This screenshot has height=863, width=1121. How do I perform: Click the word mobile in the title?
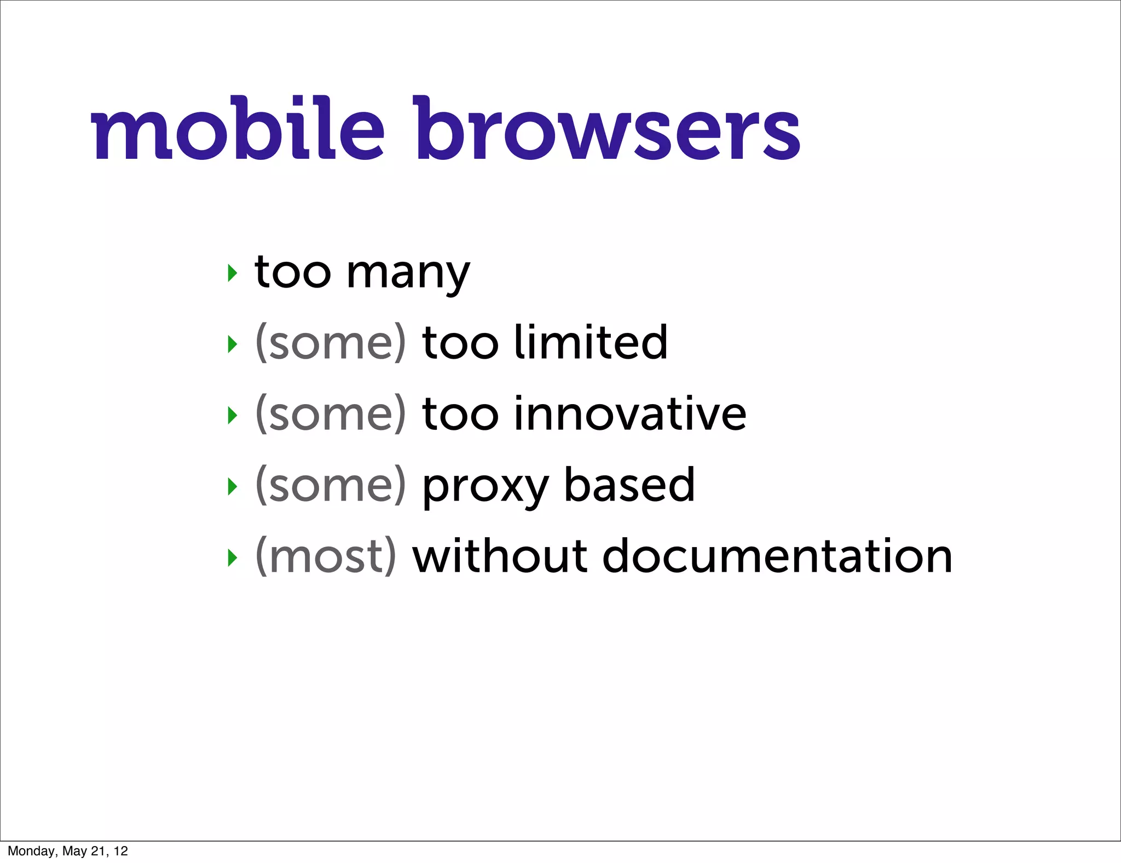coord(238,129)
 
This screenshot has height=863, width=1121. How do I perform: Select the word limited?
coord(591,343)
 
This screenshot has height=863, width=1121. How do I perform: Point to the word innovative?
coord(630,414)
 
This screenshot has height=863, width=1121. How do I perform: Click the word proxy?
coord(485,487)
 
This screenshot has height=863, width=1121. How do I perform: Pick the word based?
coord(629,485)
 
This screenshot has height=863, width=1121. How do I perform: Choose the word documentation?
coord(777,556)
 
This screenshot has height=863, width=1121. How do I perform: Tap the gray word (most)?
coord(326,556)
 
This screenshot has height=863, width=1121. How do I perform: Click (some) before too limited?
coord(331,343)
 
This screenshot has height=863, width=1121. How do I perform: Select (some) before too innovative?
coord(331,415)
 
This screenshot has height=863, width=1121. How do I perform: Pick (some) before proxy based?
coord(331,486)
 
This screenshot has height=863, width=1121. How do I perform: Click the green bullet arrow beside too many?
coord(233,273)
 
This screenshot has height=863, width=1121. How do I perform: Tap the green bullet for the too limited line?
coord(233,344)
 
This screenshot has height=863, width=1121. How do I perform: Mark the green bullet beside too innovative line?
coord(233,416)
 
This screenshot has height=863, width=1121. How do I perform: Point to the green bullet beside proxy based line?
coord(233,486)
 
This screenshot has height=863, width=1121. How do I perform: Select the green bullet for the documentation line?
coord(233,557)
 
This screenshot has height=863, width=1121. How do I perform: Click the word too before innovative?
coord(460,415)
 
